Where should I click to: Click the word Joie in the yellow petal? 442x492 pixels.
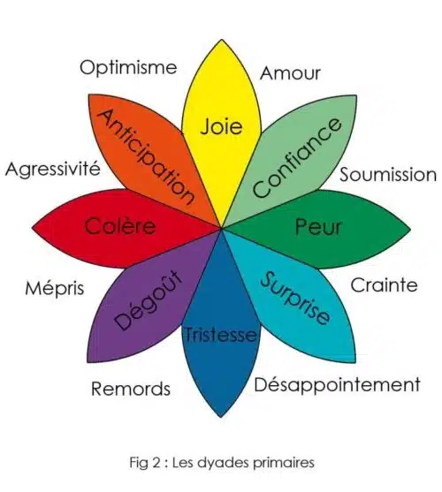click(221, 127)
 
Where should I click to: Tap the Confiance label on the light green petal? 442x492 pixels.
click(297, 158)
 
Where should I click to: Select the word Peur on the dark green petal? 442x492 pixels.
click(318, 226)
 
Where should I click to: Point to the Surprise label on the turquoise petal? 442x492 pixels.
click(295, 298)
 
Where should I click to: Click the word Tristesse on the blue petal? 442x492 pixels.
click(220, 335)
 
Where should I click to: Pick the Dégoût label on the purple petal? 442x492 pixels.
click(149, 300)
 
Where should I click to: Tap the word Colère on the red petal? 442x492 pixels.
click(120, 225)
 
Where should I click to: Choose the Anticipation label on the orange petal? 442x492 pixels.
click(145, 157)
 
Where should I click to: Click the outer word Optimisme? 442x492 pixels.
click(128, 68)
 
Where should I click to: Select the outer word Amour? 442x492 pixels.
click(290, 73)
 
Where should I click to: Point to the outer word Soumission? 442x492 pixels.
click(388, 175)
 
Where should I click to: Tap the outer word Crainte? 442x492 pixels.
click(384, 285)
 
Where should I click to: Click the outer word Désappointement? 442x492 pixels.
click(337, 385)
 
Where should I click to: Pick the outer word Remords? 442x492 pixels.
click(131, 389)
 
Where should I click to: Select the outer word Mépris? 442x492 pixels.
click(55, 288)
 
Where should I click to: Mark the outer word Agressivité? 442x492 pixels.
click(53, 168)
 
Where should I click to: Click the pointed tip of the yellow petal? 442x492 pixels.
click(222, 40)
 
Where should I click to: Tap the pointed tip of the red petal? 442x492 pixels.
click(33, 228)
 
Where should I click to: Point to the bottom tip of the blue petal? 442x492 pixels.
click(221, 417)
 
